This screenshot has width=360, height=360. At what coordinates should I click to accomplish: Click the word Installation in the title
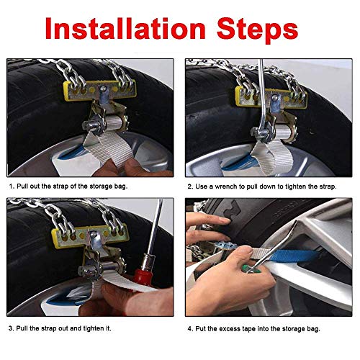click(x=125, y=28)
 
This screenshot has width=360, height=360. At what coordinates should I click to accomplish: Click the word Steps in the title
click(x=257, y=30)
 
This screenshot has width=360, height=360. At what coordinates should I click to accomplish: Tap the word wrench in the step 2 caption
click(x=226, y=186)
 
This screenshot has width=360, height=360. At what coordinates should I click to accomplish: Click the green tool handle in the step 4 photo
click(x=251, y=271)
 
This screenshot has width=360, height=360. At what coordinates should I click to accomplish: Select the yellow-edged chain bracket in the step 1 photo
click(x=99, y=90)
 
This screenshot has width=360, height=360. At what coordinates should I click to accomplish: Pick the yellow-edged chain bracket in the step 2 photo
click(x=271, y=97)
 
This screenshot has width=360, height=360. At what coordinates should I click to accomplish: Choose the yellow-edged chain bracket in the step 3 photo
click(x=90, y=235)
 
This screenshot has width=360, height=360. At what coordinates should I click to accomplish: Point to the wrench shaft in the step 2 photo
click(x=262, y=96)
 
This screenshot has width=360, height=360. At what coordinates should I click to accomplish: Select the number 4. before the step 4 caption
click(x=190, y=328)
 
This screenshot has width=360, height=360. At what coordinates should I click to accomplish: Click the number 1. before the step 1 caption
click(x=12, y=186)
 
